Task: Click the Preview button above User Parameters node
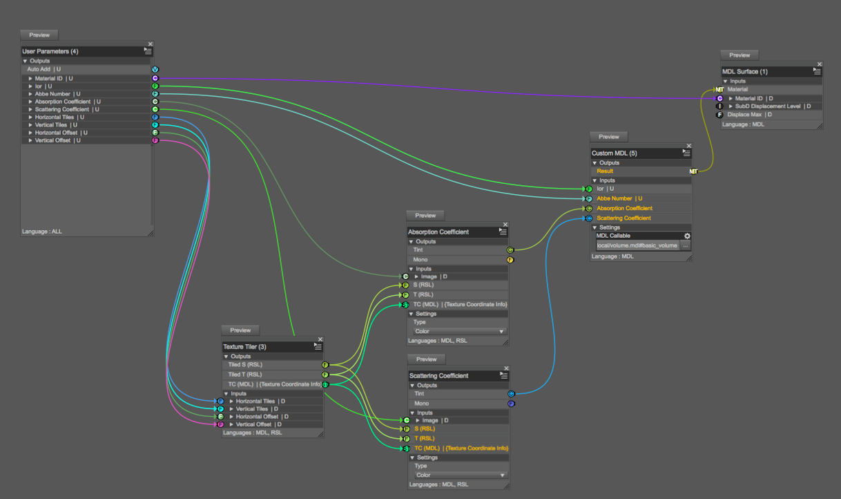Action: point(39,35)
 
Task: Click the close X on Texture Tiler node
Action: point(320,339)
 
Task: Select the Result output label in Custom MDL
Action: point(606,171)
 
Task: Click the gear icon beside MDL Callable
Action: point(687,236)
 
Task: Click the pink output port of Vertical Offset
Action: point(155,140)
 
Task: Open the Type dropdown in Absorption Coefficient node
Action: point(459,331)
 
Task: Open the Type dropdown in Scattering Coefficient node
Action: point(459,475)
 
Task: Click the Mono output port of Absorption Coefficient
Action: point(510,260)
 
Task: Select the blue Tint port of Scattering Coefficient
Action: point(511,394)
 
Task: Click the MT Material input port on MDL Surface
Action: point(719,90)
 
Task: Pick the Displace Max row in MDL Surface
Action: point(749,115)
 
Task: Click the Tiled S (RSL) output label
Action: point(246,365)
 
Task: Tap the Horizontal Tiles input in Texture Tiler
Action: point(255,401)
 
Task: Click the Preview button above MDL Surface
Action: point(739,55)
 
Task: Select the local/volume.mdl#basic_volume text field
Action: point(637,245)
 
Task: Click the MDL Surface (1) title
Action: point(745,71)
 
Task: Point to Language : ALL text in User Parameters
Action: point(42,232)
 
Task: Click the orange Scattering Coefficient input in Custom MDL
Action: point(623,218)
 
